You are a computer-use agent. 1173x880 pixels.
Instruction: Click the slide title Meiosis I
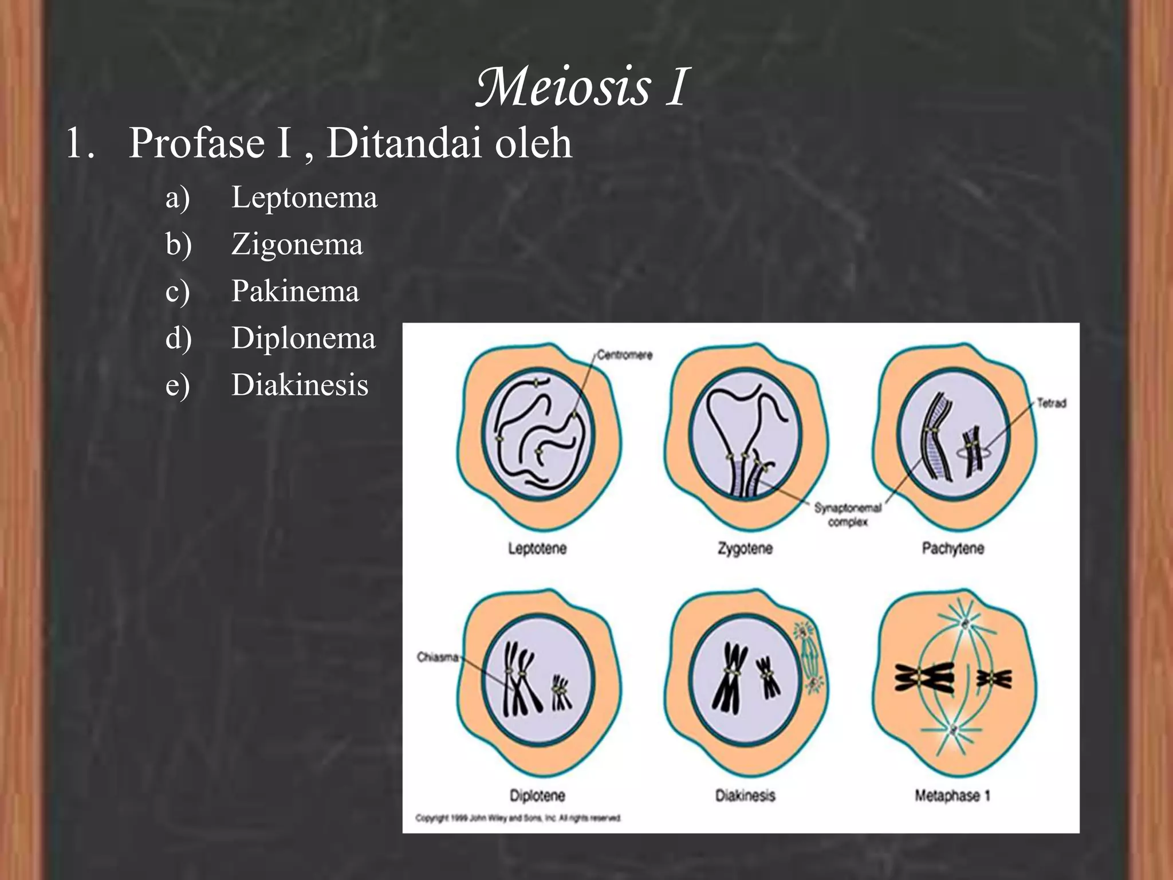coord(582,87)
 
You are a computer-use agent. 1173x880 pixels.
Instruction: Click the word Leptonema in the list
coord(304,198)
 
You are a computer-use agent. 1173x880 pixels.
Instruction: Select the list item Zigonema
coord(297,245)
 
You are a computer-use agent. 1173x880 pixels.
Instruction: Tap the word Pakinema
coord(295,291)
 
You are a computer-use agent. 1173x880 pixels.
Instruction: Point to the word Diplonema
coord(304,338)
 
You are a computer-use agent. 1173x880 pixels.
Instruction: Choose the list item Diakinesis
coord(300,384)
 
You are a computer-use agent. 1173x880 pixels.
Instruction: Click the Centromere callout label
coord(624,355)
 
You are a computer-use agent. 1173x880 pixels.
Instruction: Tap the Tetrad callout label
coord(1051,403)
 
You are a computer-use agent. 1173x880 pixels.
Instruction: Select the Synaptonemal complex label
coord(848,514)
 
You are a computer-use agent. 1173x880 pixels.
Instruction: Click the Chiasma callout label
coord(438,657)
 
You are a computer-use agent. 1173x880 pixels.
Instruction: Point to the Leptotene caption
coord(537,549)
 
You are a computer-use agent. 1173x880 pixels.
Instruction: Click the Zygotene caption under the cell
coord(745,549)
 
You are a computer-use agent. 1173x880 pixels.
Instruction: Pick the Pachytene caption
coord(952,549)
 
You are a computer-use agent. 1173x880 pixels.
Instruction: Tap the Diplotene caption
coord(537,796)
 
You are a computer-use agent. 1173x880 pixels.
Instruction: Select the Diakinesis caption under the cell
coord(745,796)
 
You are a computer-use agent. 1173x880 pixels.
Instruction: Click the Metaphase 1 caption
coord(952,796)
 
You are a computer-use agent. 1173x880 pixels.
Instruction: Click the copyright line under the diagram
coord(518,818)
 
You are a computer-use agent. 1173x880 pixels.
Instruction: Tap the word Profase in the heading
coord(196,143)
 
